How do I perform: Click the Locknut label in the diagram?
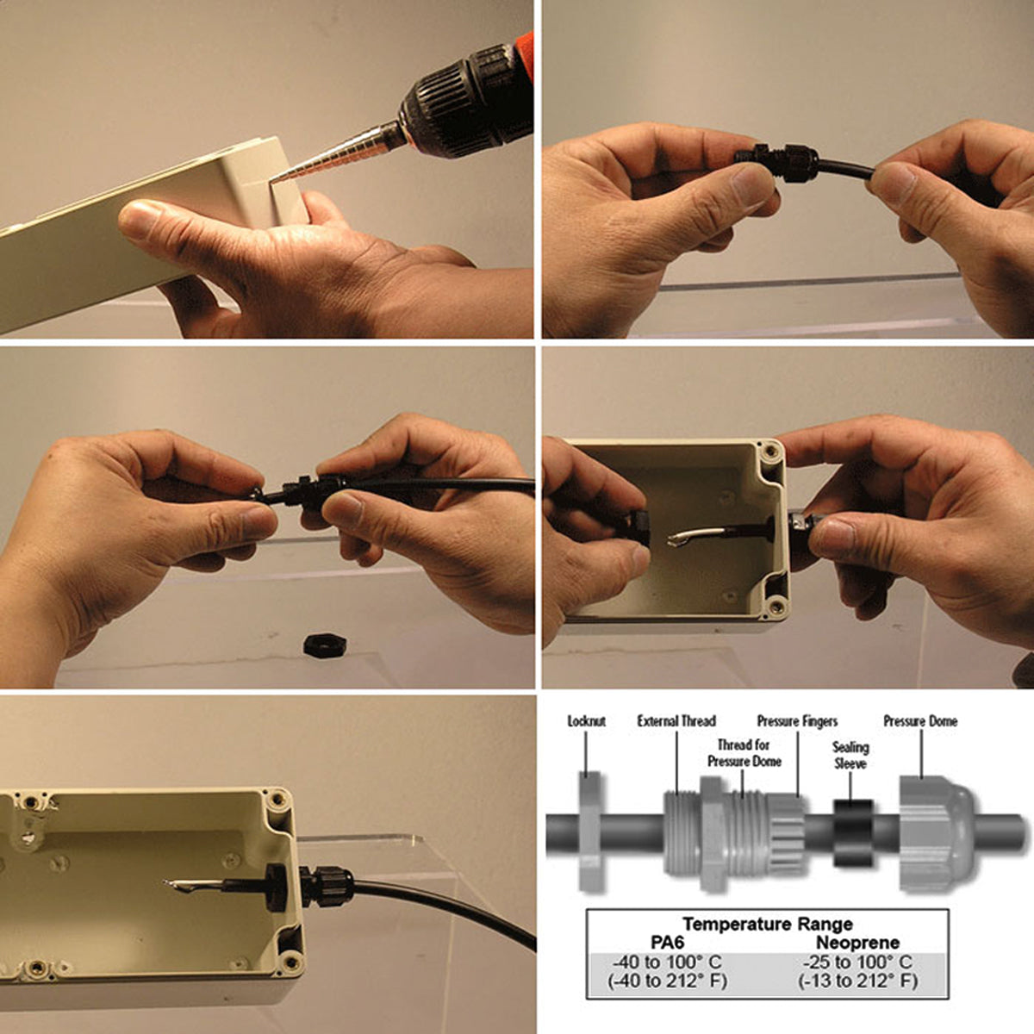[x=587, y=721]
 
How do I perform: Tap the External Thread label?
[x=676, y=720]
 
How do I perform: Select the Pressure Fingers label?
[x=797, y=721]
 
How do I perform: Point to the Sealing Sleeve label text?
[x=850, y=755]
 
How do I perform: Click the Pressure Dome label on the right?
[x=921, y=721]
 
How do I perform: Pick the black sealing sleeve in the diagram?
[x=853, y=832]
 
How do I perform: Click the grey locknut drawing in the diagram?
[x=591, y=832]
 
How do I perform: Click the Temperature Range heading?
[x=768, y=924]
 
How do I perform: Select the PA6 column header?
[x=667, y=943]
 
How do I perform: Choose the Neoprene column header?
[x=857, y=943]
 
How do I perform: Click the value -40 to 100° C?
[x=668, y=962]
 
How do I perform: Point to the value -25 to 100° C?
[x=857, y=962]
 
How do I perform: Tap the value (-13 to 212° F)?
[x=857, y=981]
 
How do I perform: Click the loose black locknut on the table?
[x=324, y=644]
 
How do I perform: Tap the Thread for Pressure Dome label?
[x=744, y=753]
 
